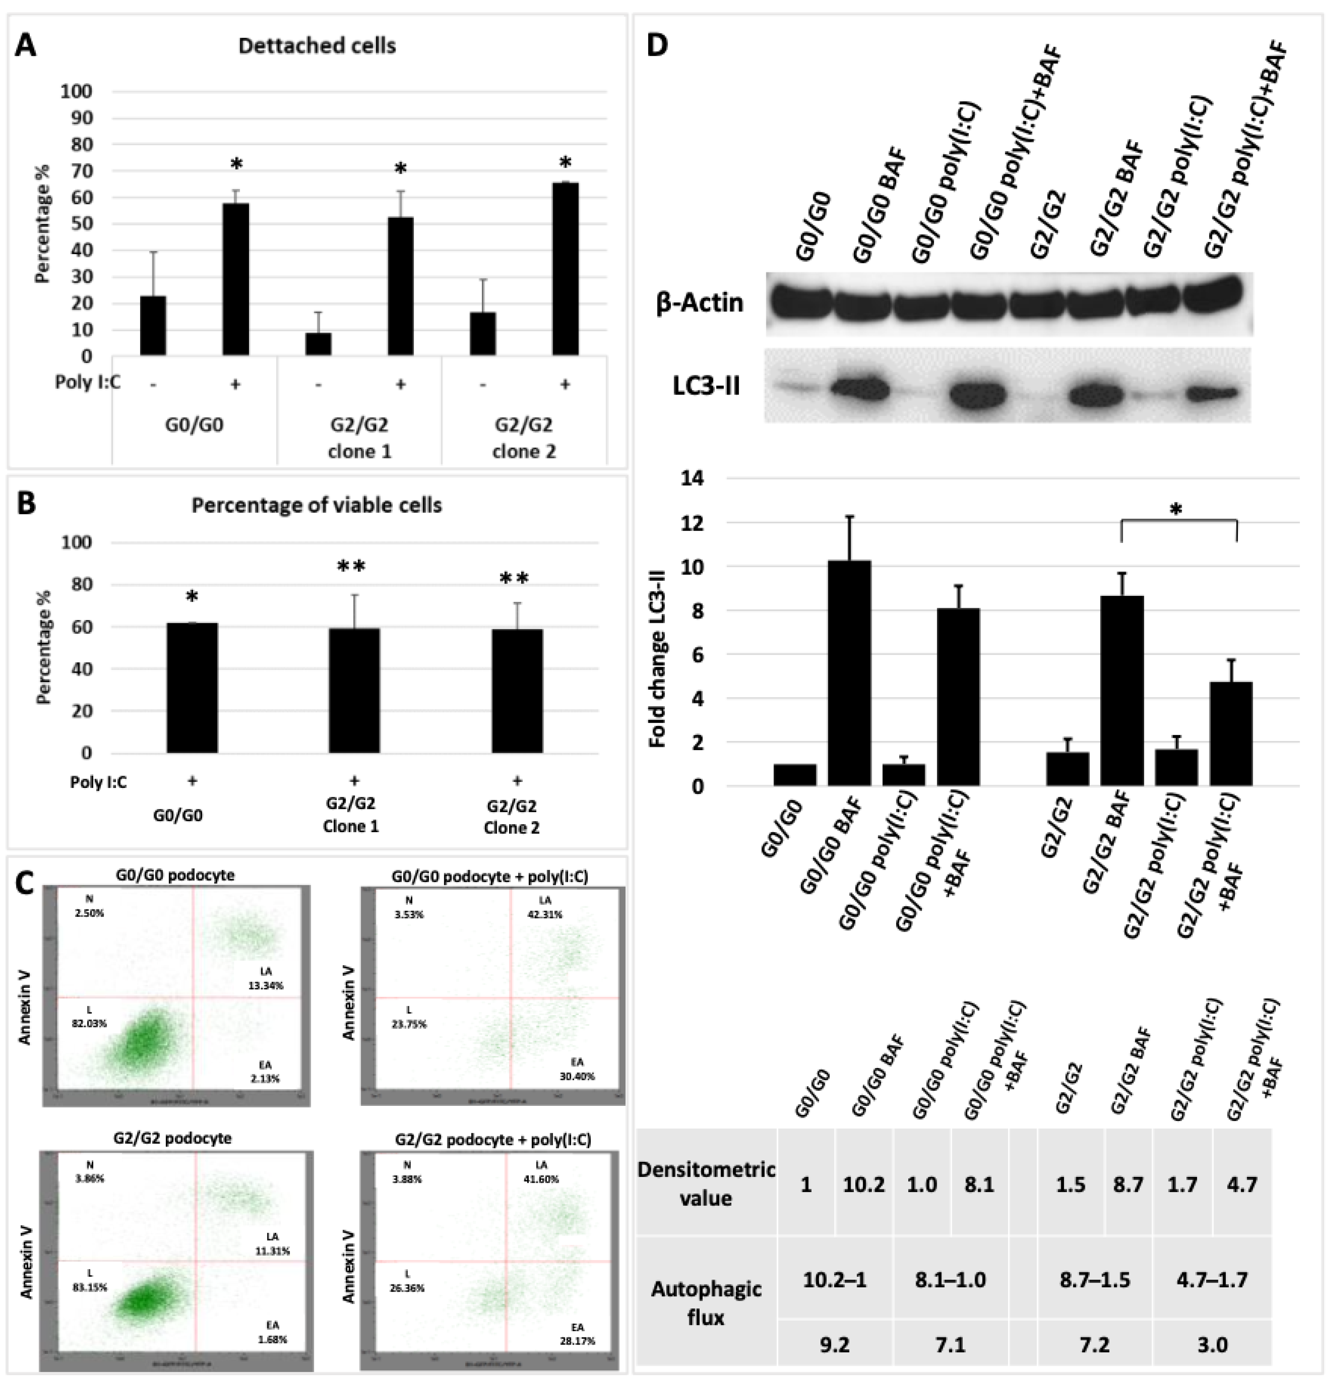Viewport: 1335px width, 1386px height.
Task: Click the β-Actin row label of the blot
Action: (x=699, y=303)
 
